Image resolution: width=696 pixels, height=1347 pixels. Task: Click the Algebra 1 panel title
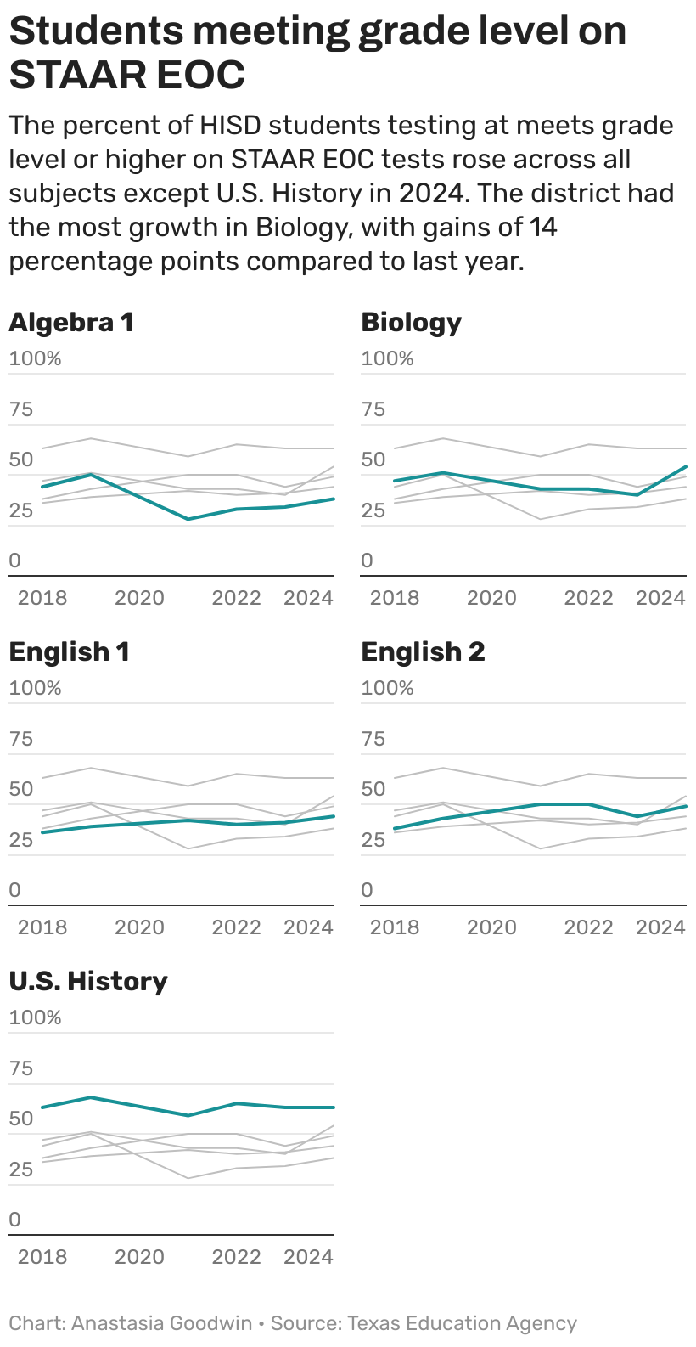click(71, 323)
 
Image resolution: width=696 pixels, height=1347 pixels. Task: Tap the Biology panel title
click(411, 323)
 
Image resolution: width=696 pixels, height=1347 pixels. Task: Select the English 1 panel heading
click(69, 652)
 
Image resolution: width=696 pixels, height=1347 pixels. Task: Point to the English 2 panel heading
click(423, 652)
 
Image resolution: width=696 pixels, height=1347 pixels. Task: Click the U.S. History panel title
click(88, 982)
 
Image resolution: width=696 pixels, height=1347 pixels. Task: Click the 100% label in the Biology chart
click(387, 358)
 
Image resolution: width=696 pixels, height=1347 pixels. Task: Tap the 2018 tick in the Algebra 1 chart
click(42, 598)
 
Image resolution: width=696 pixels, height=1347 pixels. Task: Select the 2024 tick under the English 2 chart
click(660, 927)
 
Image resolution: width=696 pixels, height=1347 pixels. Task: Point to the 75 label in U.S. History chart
click(20, 1068)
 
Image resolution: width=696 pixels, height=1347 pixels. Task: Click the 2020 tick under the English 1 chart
click(139, 927)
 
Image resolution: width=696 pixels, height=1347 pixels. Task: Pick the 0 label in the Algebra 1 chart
click(14, 561)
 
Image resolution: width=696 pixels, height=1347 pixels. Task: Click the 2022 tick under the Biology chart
click(588, 598)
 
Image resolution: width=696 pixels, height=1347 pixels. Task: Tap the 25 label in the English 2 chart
click(373, 840)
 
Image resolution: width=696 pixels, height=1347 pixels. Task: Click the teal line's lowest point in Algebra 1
click(188, 519)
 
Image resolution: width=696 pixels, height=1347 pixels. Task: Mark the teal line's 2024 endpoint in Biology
click(685, 466)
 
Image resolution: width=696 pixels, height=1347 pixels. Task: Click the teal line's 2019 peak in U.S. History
click(91, 1097)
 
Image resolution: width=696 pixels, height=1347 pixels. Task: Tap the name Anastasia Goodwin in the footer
click(162, 1323)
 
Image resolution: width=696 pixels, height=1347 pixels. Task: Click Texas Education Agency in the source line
click(462, 1323)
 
